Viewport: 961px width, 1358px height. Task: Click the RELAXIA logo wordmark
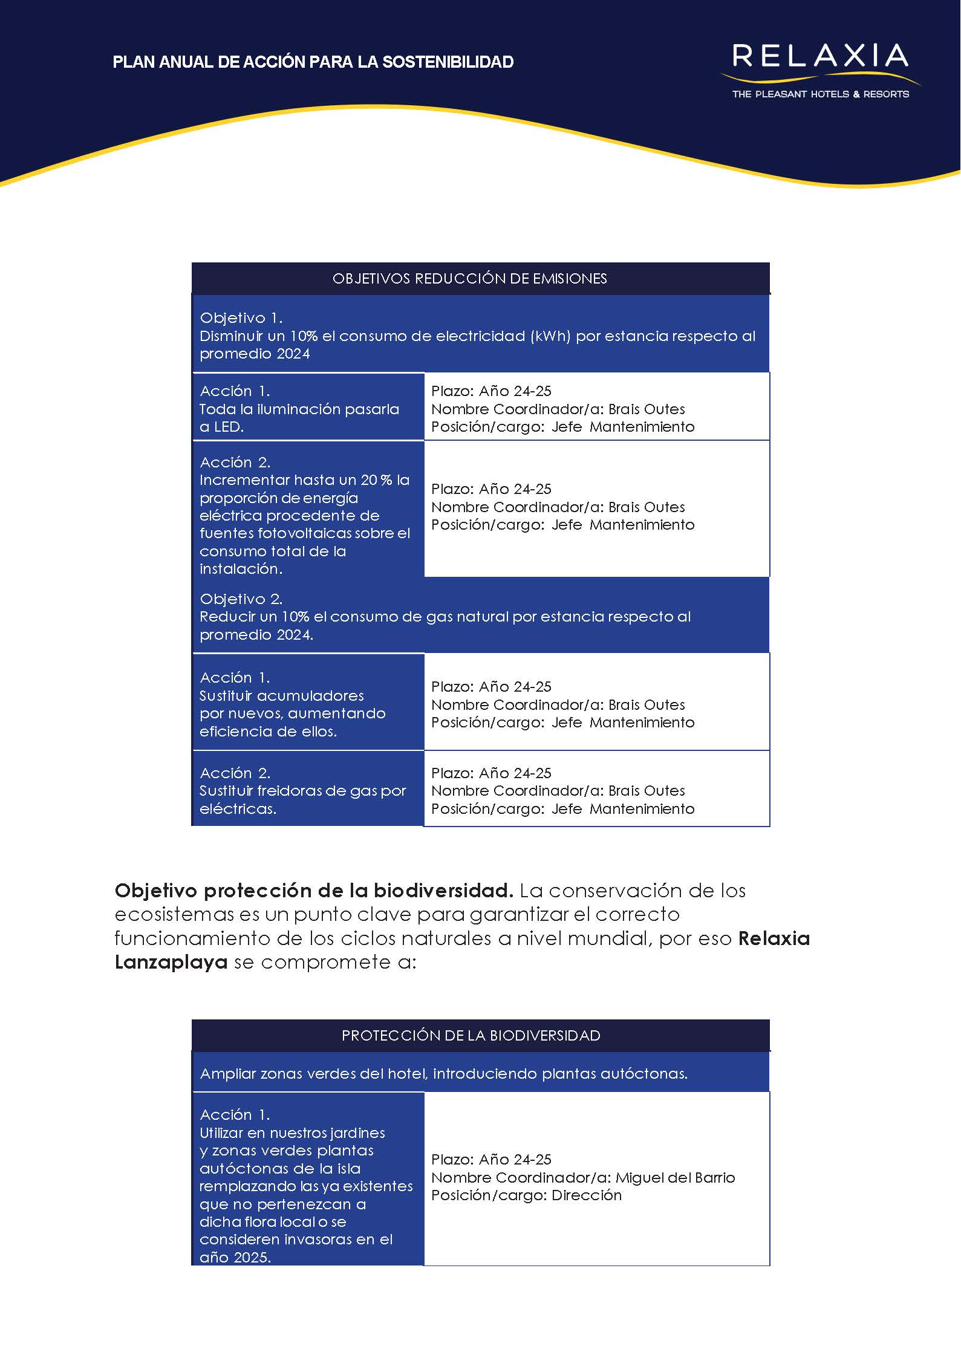[x=819, y=56]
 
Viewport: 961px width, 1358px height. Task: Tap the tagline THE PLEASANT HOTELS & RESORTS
[x=820, y=94]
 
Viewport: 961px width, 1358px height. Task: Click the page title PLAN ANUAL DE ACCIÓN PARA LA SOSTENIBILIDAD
[x=313, y=62]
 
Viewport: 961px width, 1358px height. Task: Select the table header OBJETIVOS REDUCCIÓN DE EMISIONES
[x=469, y=279]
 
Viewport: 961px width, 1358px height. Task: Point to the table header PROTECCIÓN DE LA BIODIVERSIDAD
[x=471, y=1036]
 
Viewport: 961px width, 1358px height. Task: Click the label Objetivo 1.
[x=241, y=318]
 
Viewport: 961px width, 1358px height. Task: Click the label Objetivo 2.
[x=241, y=599]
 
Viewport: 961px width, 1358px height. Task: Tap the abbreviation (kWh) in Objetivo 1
[x=550, y=336]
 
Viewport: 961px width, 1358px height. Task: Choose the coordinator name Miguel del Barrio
[x=675, y=1178]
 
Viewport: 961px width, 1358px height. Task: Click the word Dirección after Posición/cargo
[x=587, y=1195]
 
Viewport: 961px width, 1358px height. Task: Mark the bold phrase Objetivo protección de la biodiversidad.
[x=313, y=891]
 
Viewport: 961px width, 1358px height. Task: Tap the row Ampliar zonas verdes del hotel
[x=443, y=1074]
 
